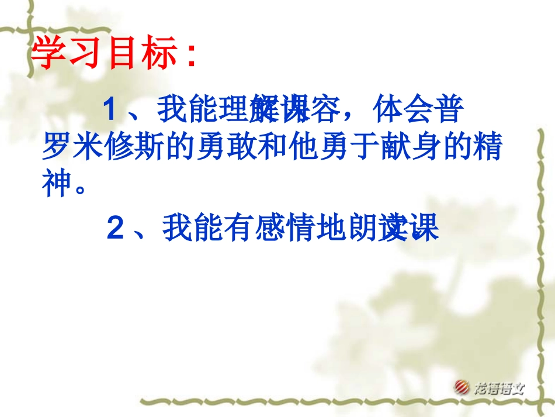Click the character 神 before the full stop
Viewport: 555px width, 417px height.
(58, 184)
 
